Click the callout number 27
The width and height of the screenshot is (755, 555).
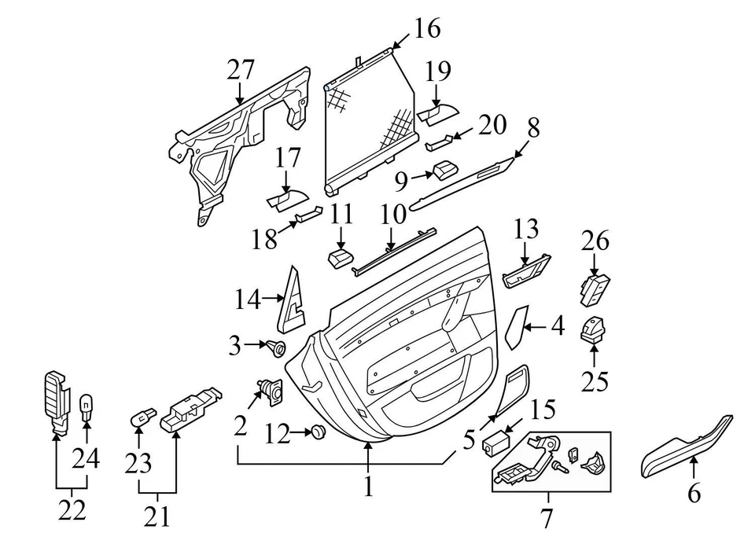pos(241,70)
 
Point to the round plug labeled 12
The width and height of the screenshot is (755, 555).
pos(317,432)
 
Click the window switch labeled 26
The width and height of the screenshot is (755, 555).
pos(595,289)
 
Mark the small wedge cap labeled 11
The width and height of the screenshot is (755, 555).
pos(340,259)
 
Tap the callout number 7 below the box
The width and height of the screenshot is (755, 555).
pos(546,519)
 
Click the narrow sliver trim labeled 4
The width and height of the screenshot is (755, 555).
pos(517,327)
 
